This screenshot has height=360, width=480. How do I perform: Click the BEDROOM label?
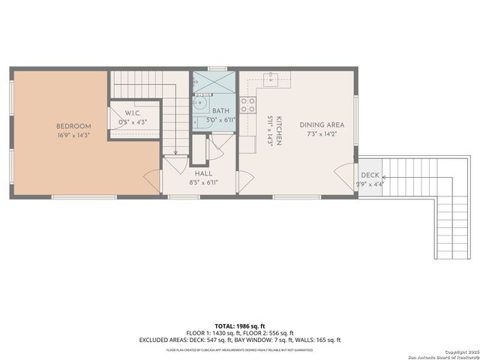pos(73,126)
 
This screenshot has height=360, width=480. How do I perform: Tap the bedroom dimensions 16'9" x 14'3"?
pos(73,136)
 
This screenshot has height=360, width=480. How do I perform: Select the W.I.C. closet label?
pos(132,113)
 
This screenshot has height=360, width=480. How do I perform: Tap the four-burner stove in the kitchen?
pos(248,105)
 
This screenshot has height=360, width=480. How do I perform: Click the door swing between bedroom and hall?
pos(152,181)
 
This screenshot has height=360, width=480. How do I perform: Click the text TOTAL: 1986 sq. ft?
pos(239,325)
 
